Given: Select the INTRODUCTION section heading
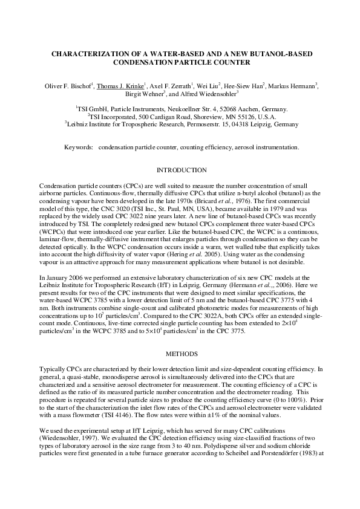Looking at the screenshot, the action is tap(181, 170).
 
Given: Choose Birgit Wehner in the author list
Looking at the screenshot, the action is tap(145, 94).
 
